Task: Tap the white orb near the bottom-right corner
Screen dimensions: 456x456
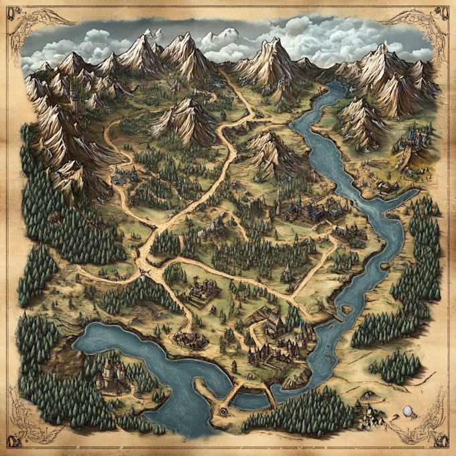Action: (407, 410)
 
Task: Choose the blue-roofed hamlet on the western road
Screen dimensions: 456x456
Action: (124, 178)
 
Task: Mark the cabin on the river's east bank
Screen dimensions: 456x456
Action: (387, 188)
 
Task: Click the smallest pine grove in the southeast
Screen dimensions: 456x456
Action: (396, 366)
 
